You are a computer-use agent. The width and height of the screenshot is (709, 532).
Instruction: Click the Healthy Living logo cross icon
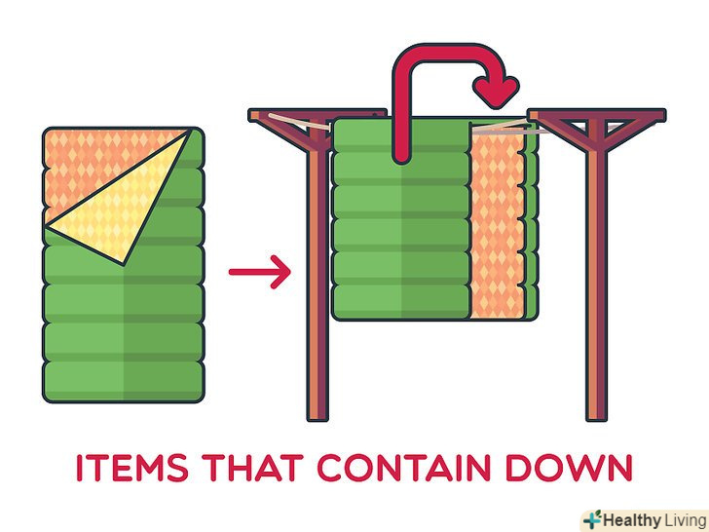590,518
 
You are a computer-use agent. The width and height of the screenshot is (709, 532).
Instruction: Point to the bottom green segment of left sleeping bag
123,375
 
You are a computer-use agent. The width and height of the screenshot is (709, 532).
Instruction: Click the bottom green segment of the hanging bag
399,303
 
